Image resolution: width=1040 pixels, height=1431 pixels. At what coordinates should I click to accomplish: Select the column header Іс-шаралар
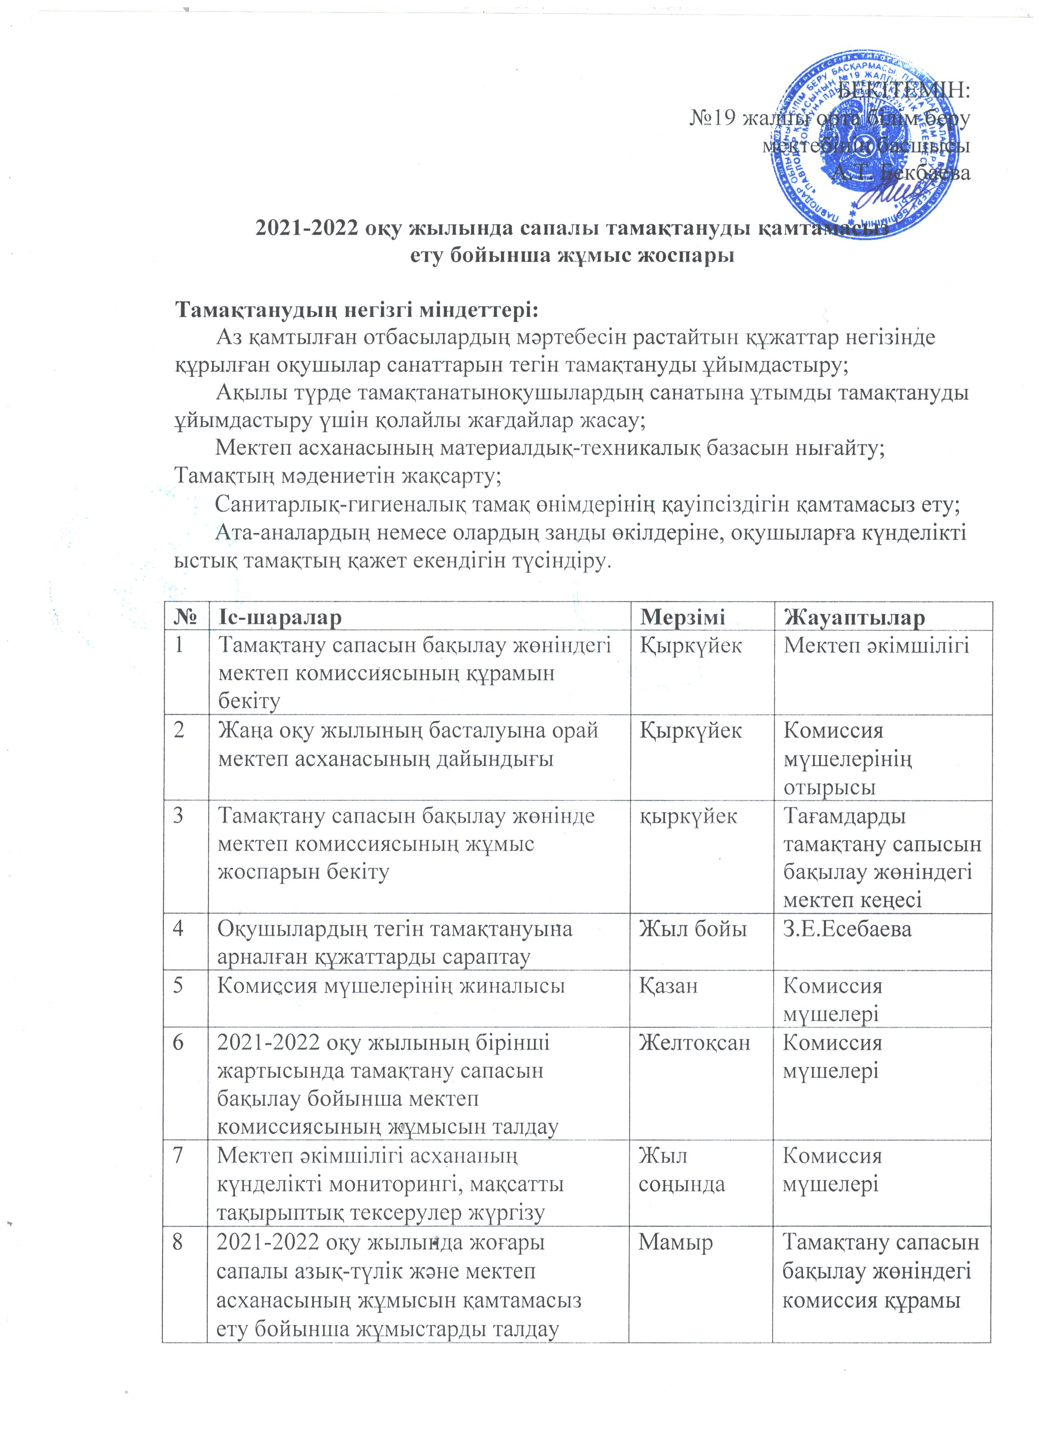pyautogui.click(x=279, y=616)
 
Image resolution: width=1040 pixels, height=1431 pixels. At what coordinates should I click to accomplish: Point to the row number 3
pyautogui.click(x=179, y=816)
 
